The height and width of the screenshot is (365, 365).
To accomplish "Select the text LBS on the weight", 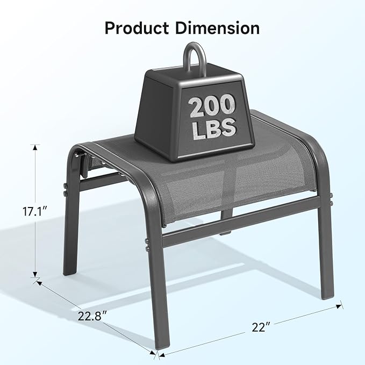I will (213, 128).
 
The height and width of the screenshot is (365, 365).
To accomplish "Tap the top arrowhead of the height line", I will (36, 147).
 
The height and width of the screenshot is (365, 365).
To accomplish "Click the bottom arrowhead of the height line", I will (36, 274).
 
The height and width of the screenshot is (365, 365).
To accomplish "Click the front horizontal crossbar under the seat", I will (237, 226).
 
